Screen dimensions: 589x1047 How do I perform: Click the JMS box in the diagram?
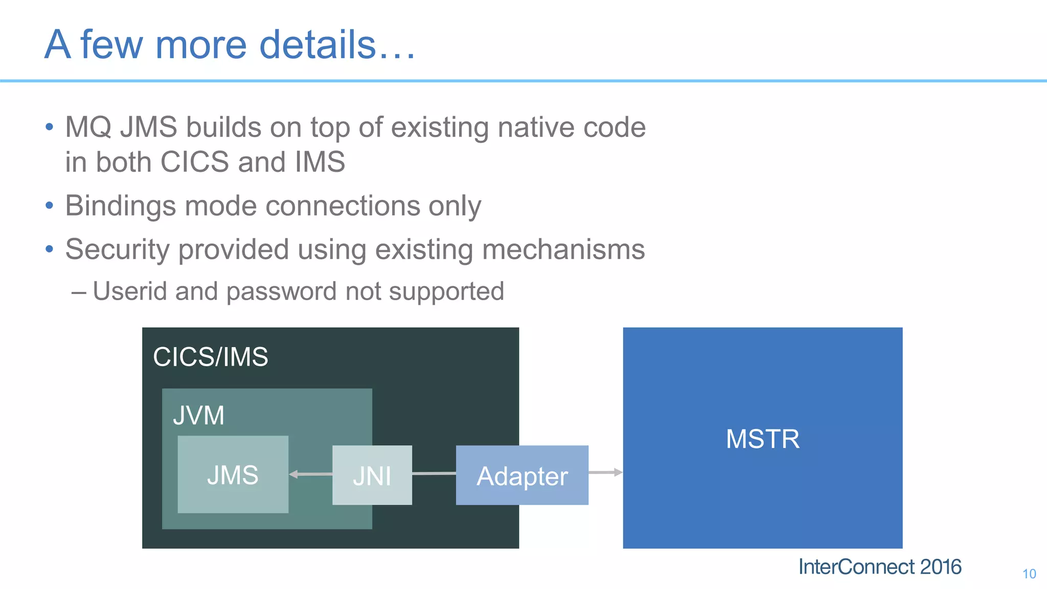coord(233,474)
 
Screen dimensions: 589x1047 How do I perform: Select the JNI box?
coord(372,475)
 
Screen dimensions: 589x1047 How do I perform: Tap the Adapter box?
coord(522,475)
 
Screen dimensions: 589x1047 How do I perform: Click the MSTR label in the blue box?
coord(762,439)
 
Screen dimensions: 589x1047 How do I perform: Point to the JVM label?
coord(198,415)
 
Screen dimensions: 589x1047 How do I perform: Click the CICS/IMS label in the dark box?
coord(210,356)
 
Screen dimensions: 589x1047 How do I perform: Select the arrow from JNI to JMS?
coord(310,474)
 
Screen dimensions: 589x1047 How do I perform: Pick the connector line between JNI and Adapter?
coord(434,474)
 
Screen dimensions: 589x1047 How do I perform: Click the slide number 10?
coord(1029,574)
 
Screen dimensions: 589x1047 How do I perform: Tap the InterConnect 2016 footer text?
coord(879,567)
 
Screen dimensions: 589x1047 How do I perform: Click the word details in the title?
coord(317,44)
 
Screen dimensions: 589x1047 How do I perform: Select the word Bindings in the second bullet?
coord(121,206)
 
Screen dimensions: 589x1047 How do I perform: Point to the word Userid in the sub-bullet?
coord(130,291)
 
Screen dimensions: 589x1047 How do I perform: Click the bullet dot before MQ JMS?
coord(49,127)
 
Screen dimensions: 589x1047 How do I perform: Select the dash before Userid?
coord(78,292)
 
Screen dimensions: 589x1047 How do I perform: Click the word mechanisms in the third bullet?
coord(563,250)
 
